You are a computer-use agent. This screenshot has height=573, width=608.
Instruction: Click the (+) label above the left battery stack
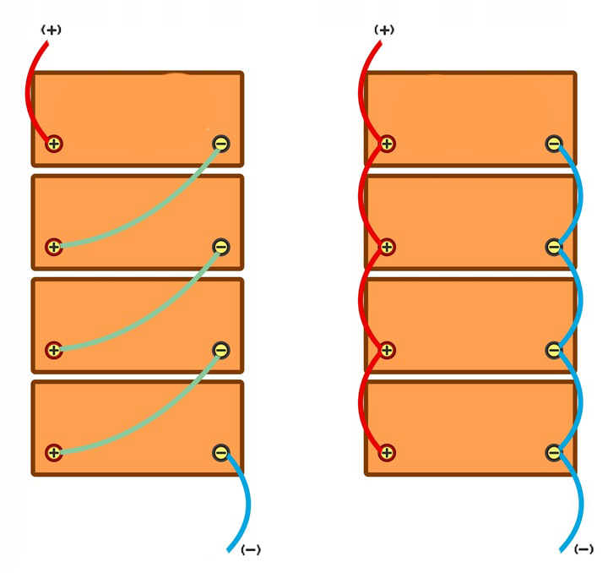52,30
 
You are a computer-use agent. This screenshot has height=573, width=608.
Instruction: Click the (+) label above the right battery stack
384,30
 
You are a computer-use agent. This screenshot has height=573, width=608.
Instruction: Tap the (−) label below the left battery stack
251,549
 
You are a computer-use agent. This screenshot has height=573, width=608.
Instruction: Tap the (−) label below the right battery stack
584,549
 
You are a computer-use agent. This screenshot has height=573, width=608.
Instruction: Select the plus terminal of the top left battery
54,144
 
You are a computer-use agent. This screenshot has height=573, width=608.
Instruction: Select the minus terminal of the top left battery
220,144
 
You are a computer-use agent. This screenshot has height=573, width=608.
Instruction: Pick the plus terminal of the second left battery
54,247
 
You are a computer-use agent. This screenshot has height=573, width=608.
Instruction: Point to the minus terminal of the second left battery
220,247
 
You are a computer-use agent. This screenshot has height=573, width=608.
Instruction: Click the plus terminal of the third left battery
54,349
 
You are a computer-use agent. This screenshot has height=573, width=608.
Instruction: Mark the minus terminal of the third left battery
220,349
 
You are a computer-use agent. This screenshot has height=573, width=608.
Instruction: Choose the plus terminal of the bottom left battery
54,452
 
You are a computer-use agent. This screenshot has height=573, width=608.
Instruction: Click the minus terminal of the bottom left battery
220,452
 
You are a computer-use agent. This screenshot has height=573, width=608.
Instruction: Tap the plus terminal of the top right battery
387,144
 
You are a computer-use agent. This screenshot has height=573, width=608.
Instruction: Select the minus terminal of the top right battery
553,144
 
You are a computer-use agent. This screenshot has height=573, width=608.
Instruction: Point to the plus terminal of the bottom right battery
387,452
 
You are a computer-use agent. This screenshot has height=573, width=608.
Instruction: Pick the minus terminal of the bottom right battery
553,452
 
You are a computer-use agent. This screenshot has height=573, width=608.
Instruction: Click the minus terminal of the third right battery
553,349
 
